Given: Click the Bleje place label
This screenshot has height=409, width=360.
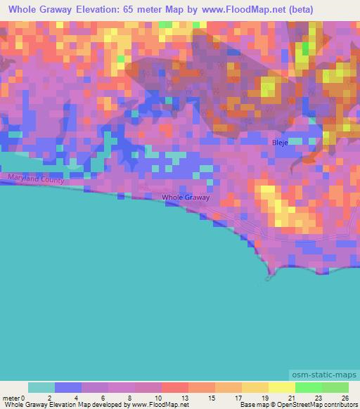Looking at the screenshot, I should point(281,143).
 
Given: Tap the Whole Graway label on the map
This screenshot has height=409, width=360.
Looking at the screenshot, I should point(186,197).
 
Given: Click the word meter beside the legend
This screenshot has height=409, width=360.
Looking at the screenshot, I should point(11,398).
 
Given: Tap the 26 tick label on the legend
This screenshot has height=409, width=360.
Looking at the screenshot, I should point(345,398).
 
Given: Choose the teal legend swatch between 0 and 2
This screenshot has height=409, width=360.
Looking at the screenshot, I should point(41,387).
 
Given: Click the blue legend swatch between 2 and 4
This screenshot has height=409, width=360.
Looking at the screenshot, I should point(67,387).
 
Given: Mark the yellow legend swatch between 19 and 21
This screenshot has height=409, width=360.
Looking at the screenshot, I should point(281,387).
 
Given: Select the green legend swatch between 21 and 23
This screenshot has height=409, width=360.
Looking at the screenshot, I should point(308,387).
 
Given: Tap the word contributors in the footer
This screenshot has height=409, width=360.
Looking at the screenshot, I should point(340,405).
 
